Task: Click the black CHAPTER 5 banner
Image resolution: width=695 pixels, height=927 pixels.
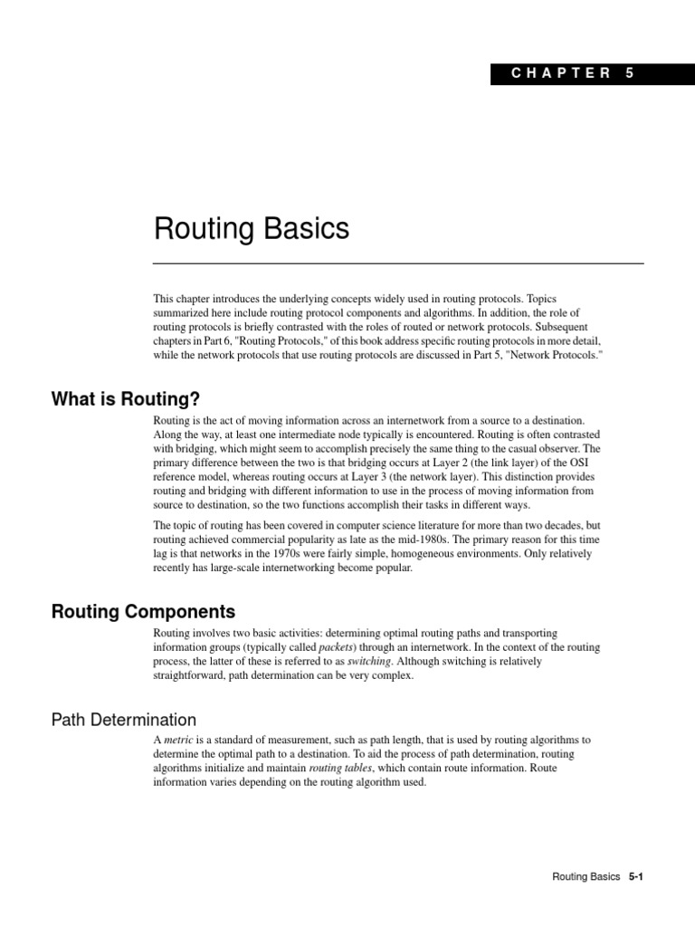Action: point(593,73)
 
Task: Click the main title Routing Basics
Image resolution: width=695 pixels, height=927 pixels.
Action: point(252,229)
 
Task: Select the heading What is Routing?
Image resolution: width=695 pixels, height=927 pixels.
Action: point(125,398)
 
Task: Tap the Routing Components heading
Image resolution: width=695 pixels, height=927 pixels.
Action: point(143,611)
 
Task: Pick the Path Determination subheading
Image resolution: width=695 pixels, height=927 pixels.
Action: point(123,720)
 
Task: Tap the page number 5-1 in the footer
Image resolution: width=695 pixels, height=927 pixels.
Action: point(641,877)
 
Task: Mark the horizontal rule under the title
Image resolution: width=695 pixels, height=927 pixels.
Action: point(398,263)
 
